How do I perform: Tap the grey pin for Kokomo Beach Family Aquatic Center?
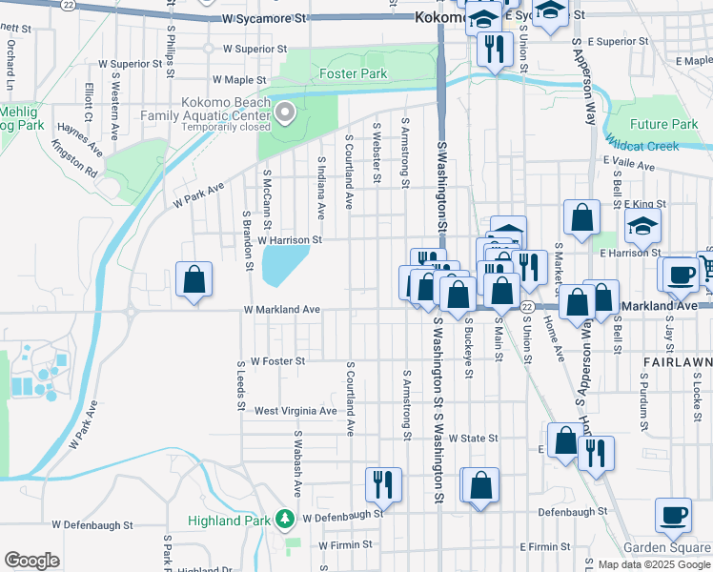click(285, 115)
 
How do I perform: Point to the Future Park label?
click(663, 125)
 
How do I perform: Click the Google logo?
click(31, 561)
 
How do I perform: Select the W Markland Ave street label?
click(281, 310)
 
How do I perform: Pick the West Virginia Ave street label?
click(295, 411)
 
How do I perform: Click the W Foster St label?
click(276, 361)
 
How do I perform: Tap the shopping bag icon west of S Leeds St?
click(194, 279)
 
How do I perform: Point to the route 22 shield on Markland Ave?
click(526, 306)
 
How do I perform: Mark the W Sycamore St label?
click(265, 18)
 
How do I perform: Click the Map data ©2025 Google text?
click(653, 564)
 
